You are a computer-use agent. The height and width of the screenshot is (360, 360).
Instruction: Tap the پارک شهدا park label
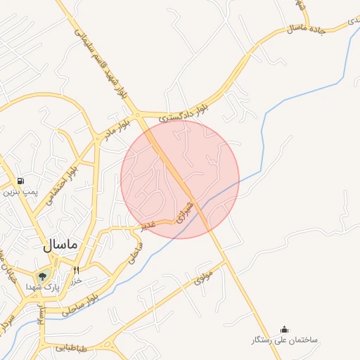pyautogui.click(x=44, y=288)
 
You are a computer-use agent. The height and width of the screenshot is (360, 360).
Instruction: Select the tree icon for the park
pyautogui.click(x=43, y=276)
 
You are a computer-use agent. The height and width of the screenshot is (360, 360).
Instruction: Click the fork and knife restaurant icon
pyautogui.click(x=76, y=269)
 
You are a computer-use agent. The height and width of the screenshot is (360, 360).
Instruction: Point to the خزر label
pyautogui.click(x=76, y=280)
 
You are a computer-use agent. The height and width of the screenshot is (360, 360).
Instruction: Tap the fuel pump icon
pyautogui.click(x=20, y=181)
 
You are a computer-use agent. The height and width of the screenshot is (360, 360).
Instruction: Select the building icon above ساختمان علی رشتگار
pyautogui.click(x=284, y=329)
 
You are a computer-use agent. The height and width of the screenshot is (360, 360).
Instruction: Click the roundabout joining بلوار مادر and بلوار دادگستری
pyautogui.click(x=138, y=114)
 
